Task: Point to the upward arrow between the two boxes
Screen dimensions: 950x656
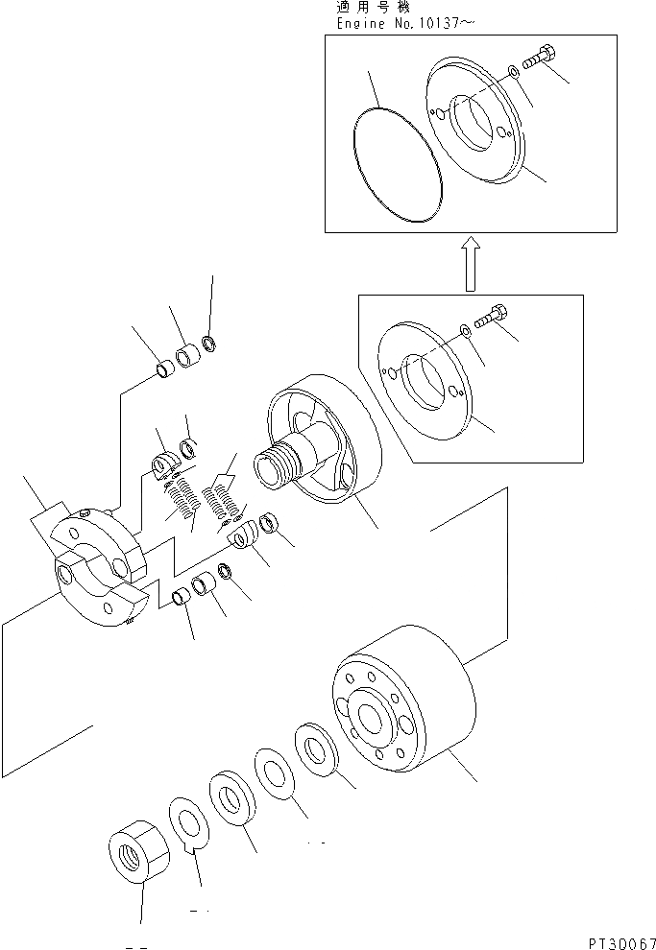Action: click(x=470, y=265)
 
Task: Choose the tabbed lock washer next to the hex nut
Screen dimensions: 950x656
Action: click(x=190, y=824)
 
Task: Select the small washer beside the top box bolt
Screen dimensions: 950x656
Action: click(x=515, y=71)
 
